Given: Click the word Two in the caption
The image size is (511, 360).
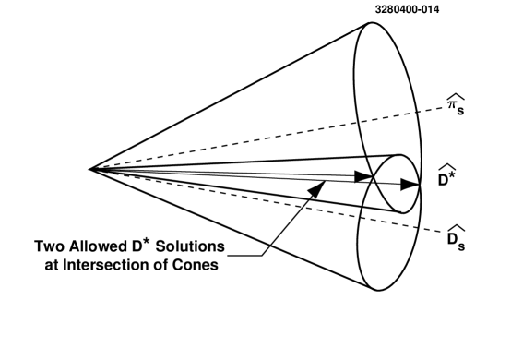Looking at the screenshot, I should pyautogui.click(x=52, y=247).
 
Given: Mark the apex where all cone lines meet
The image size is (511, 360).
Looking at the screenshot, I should pyautogui.click(x=89, y=168).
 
